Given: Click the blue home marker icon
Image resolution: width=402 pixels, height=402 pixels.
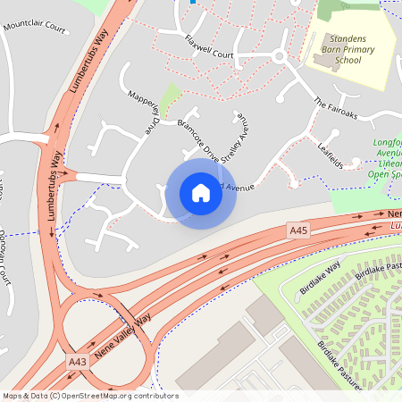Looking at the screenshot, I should point(201,192).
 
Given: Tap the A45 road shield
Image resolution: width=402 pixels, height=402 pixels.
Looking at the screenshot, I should point(298,230).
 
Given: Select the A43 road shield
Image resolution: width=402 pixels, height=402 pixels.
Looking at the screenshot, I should point(78,361).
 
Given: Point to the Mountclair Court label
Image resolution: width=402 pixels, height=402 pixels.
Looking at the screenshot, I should point(35,27).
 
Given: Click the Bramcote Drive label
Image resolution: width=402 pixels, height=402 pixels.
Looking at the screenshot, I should point(197,139).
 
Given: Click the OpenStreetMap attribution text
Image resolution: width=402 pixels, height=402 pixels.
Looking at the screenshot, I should point(90,395).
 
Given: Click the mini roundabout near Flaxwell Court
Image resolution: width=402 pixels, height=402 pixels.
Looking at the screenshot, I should point(279,56).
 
